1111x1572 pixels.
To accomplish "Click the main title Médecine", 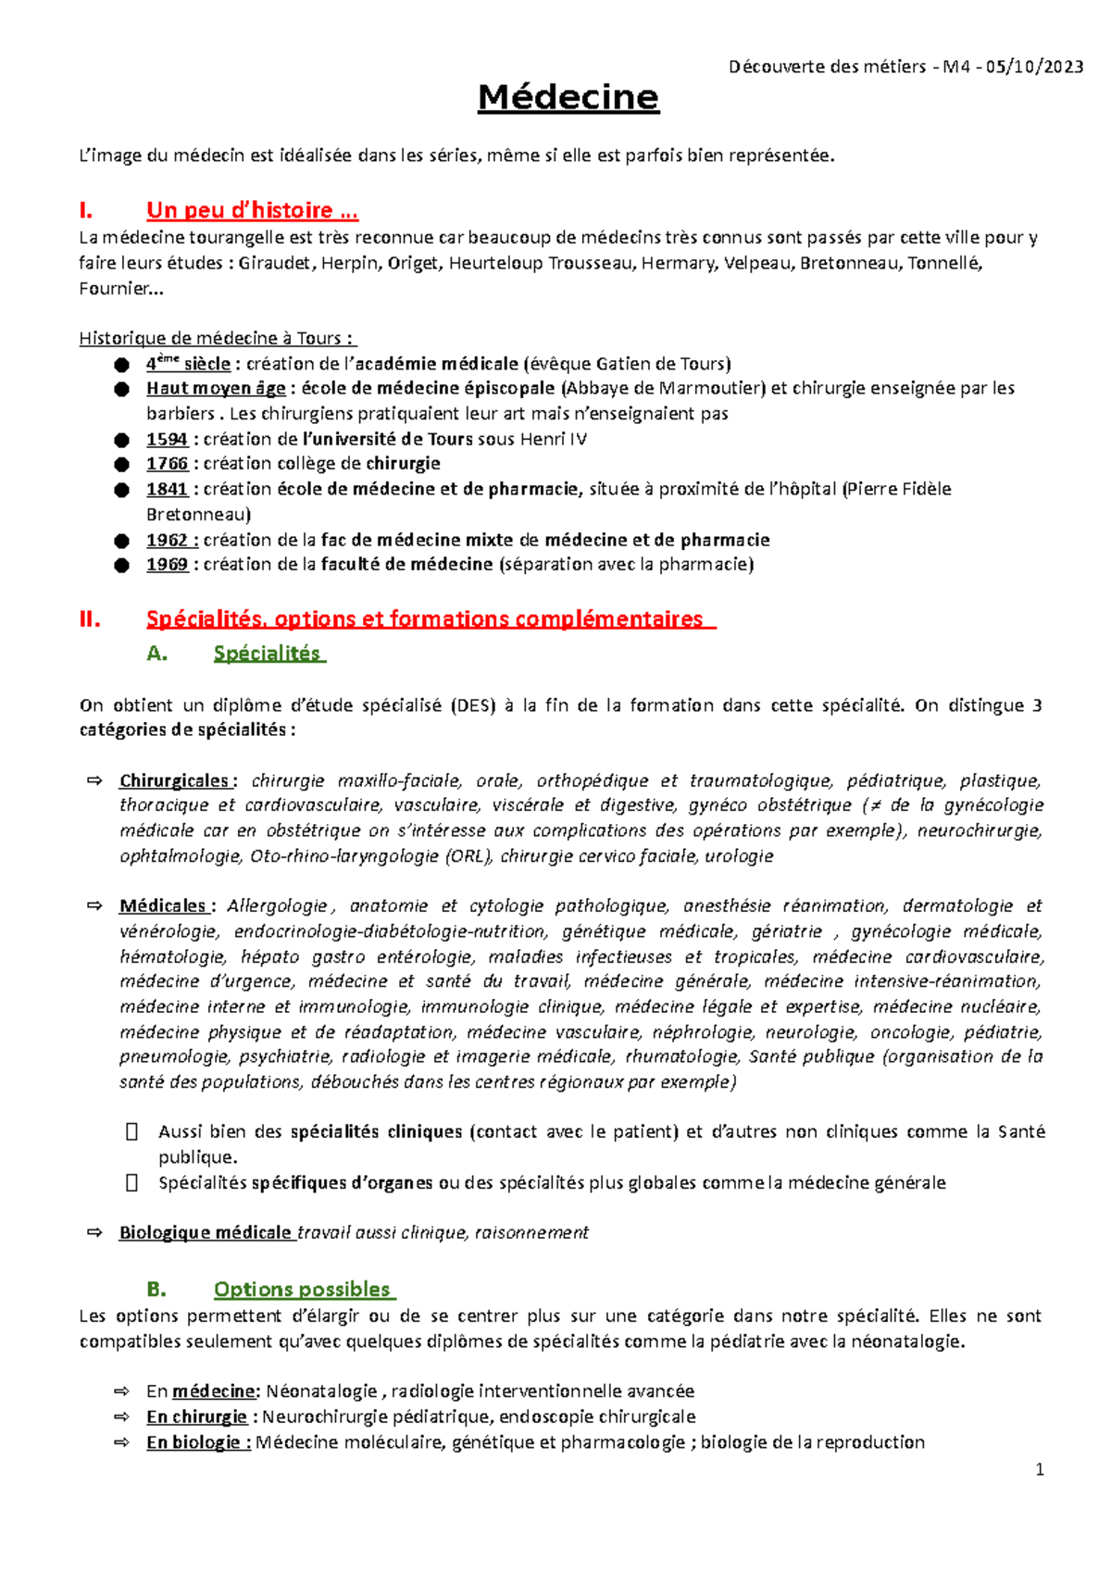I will pyautogui.click(x=568, y=97).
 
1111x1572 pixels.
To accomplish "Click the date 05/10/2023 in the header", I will pyautogui.click(x=1035, y=67).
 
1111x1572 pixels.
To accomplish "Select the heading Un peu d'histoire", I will pyautogui.click(x=252, y=210).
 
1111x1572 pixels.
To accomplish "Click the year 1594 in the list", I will pyautogui.click(x=167, y=439).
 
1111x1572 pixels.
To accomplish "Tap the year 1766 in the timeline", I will pyautogui.click(x=167, y=463).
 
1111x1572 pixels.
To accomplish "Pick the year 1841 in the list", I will pyautogui.click(x=167, y=489).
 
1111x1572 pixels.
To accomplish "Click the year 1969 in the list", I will pyautogui.click(x=167, y=564).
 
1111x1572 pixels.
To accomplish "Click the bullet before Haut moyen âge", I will pyautogui.click(x=121, y=389).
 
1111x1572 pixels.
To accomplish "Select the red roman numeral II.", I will pyautogui.click(x=90, y=619).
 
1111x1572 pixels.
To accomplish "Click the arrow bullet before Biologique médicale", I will pyautogui.click(x=94, y=1232).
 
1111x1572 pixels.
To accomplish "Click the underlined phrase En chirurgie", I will pyautogui.click(x=196, y=1416).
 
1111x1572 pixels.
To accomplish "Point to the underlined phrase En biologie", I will pyautogui.click(x=197, y=1441).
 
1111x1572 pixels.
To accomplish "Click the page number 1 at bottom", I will pyautogui.click(x=1040, y=1470).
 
